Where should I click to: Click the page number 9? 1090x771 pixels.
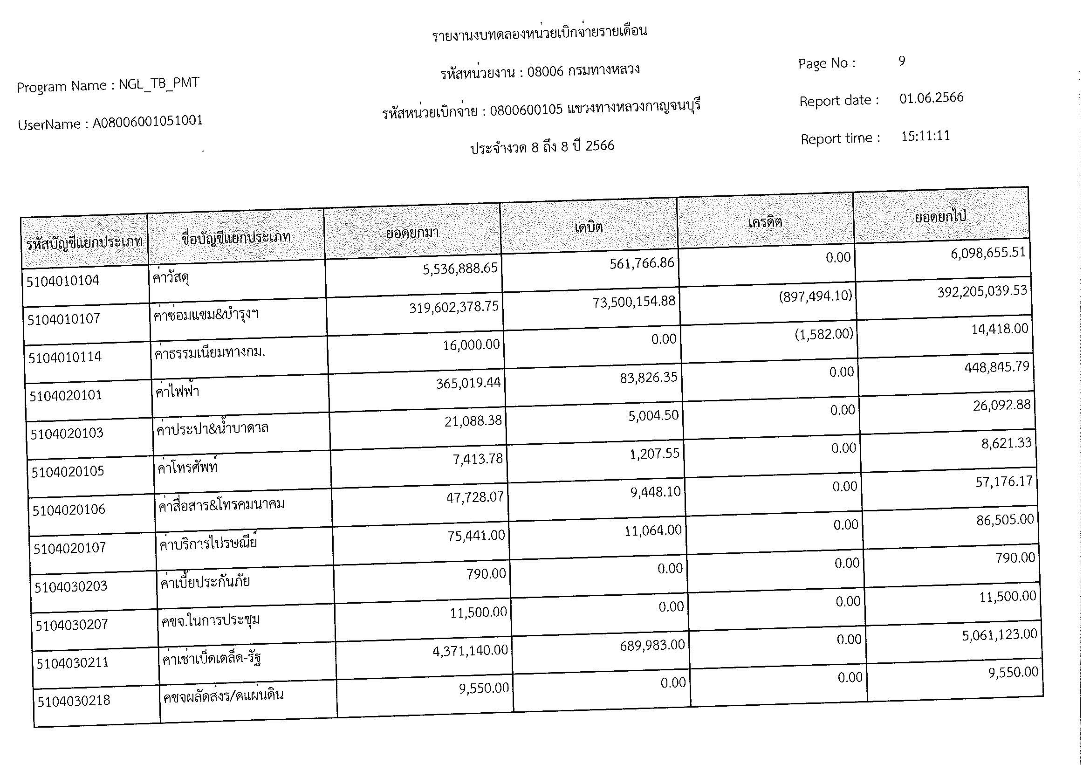click(902, 61)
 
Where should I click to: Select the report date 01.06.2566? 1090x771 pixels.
click(931, 98)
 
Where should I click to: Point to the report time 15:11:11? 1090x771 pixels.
click(925, 136)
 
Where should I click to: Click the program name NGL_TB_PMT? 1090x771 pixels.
click(158, 83)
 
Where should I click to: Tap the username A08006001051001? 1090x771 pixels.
click(148, 122)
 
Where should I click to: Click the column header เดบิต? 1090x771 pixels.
click(588, 227)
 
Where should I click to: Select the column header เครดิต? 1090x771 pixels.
click(765, 222)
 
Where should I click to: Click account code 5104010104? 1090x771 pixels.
click(62, 281)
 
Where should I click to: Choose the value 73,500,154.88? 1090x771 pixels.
click(634, 302)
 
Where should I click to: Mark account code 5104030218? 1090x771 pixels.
click(74, 701)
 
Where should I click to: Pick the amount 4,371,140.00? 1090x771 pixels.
click(470, 650)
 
